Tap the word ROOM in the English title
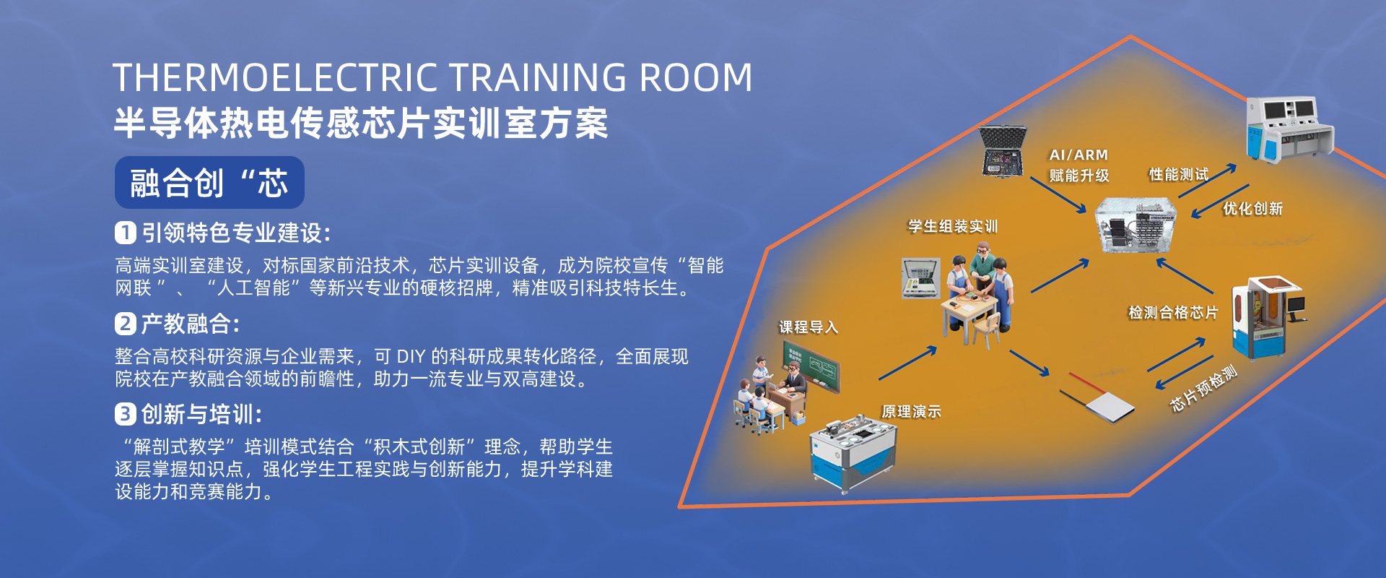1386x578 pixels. pyautogui.click(x=696, y=77)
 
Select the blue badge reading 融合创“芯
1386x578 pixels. pyautogui.click(x=209, y=183)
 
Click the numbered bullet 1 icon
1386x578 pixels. pyautogui.click(x=126, y=233)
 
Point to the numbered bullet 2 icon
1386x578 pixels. pyautogui.click(x=126, y=323)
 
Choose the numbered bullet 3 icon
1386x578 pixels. pyautogui.click(x=126, y=414)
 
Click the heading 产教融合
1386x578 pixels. pyautogui.click(x=186, y=323)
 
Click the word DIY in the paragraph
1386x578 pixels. pyautogui.click(x=411, y=356)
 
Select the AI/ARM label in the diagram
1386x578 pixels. pyautogui.click(x=1078, y=155)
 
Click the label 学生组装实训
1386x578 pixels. pyautogui.click(x=953, y=226)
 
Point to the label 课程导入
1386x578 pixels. pyautogui.click(x=808, y=327)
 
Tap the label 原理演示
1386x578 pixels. pyautogui.click(x=911, y=411)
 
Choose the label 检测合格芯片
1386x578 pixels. pyautogui.click(x=1173, y=312)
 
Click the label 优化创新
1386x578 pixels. pyautogui.click(x=1252, y=209)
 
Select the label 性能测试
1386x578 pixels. pyautogui.click(x=1178, y=174)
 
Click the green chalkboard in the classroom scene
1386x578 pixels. pyautogui.click(x=811, y=366)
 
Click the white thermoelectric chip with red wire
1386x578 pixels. pyautogui.click(x=1097, y=397)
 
